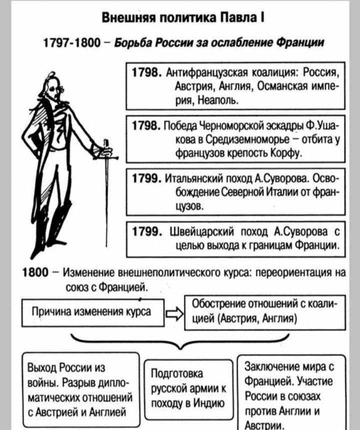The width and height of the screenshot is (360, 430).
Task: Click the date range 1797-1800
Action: pyautogui.click(x=72, y=42)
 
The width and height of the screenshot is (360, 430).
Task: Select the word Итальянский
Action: pyautogui.click(x=194, y=178)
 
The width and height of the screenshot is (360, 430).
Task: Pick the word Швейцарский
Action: pyautogui.click(x=202, y=231)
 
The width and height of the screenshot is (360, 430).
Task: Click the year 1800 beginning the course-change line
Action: pyautogui.click(x=35, y=272)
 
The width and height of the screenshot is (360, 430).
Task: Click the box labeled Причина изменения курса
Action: pyautogui.click(x=93, y=312)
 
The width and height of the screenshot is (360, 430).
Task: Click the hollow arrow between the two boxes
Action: pyautogui.click(x=174, y=313)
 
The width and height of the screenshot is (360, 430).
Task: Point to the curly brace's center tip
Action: pyautogui.click(x=179, y=349)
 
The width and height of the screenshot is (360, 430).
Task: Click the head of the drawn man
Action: pyautogui.click(x=52, y=86)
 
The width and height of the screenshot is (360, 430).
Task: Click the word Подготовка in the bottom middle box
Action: pyautogui.click(x=177, y=373)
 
